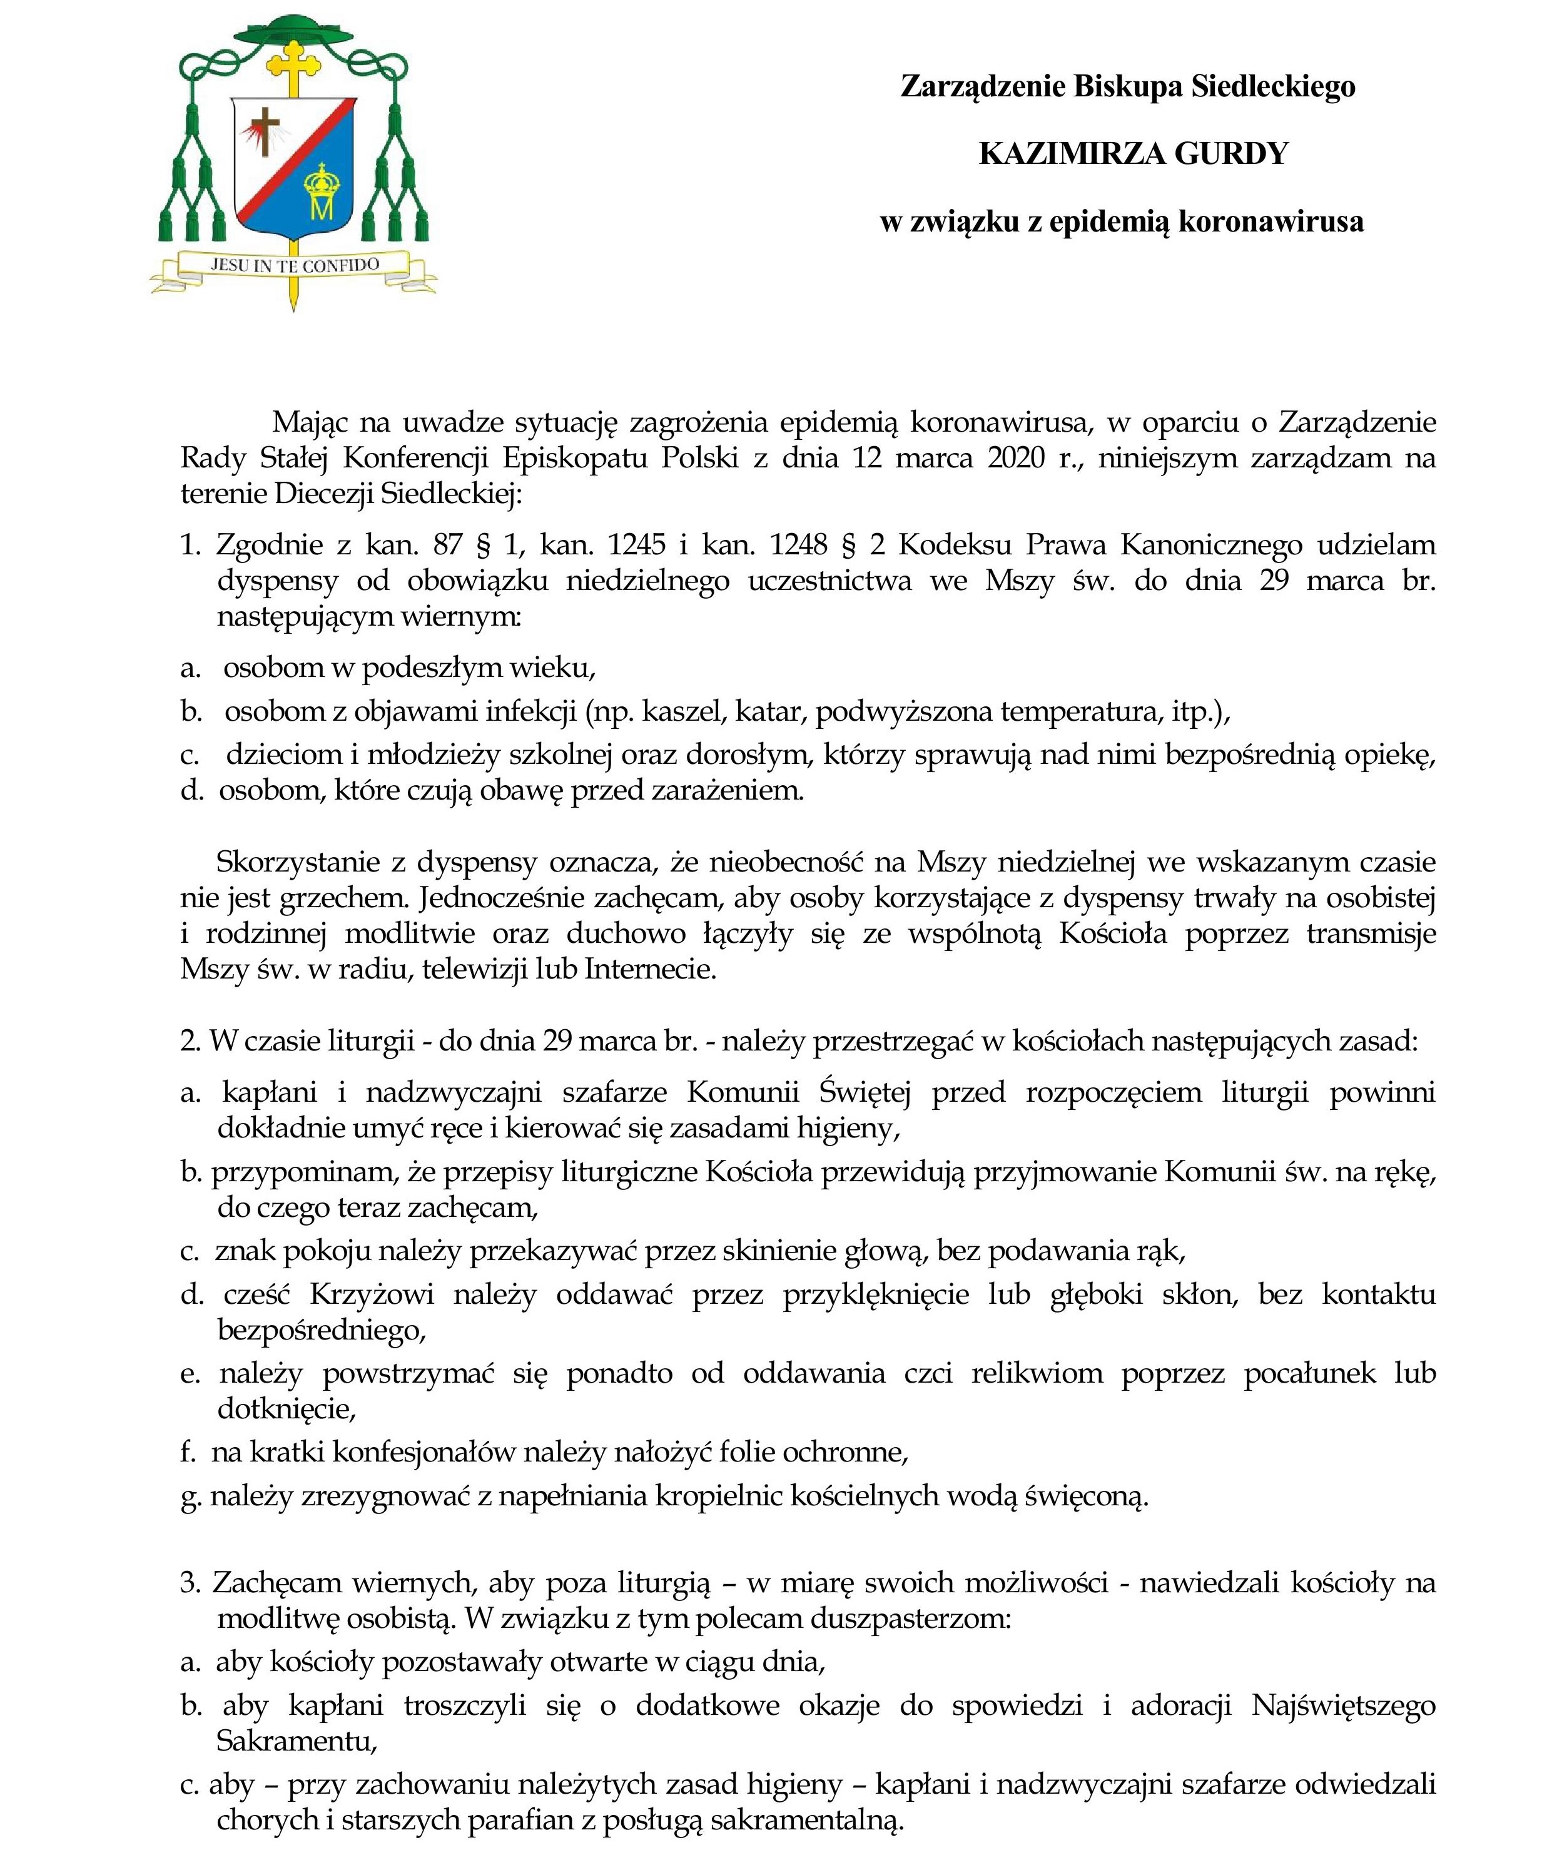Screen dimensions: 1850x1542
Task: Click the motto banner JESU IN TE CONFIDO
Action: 294,264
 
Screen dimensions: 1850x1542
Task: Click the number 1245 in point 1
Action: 636,546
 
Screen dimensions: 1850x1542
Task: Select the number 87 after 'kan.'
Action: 449,546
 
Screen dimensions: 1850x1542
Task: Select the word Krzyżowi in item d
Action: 372,1294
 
